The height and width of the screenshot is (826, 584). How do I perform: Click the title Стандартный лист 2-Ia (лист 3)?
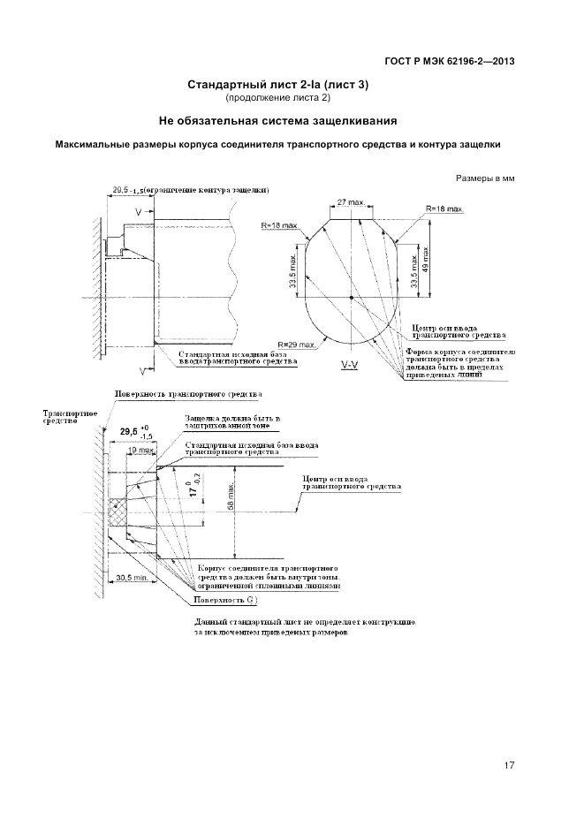(278, 85)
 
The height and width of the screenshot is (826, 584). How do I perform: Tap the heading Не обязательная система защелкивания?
(277, 119)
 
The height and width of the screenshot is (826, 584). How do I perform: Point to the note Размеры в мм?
(485, 178)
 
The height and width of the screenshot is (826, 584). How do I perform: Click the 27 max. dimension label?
(351, 202)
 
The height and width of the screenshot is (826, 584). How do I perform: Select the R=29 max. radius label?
(297, 344)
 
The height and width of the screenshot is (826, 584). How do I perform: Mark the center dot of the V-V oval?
(352, 298)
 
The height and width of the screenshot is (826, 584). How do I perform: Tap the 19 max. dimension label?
(138, 450)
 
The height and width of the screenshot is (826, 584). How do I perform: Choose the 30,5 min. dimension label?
(132, 579)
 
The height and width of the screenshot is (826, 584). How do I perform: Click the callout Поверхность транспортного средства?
(188, 393)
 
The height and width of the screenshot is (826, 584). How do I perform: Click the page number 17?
(509, 765)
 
